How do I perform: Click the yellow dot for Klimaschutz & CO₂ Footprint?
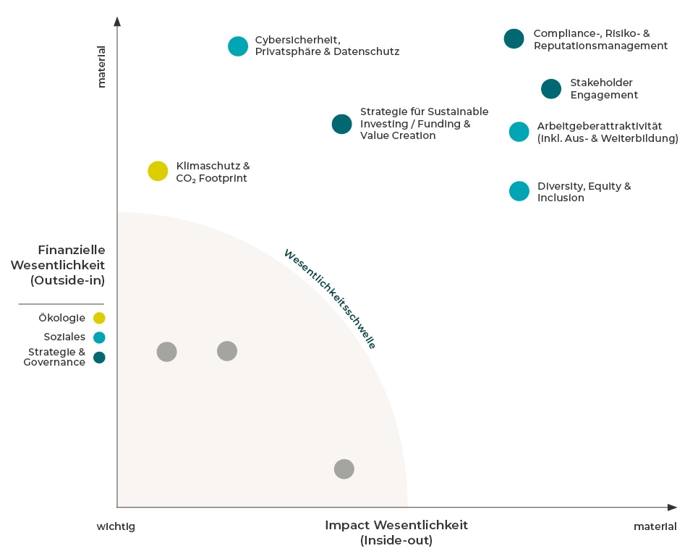click(158, 171)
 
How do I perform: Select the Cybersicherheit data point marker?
click(238, 46)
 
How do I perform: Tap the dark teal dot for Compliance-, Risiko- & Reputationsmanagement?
click(514, 39)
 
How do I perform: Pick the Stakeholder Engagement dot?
click(551, 89)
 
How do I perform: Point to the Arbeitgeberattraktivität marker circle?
click(519, 132)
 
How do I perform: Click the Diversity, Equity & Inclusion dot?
click(519, 191)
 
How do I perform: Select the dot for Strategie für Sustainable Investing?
click(341, 125)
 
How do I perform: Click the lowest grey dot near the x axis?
click(344, 469)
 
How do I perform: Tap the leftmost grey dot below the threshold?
click(167, 352)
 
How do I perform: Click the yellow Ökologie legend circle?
click(99, 318)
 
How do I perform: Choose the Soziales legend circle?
click(99, 337)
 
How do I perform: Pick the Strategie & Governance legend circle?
click(99, 357)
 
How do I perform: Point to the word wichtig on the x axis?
click(116, 526)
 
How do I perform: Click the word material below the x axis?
click(655, 526)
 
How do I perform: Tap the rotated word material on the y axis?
click(101, 67)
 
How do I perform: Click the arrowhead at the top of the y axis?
click(117, 21)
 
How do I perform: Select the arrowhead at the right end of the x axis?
click(672, 507)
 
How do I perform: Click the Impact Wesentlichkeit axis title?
click(396, 532)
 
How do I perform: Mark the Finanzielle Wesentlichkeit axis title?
click(57, 264)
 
